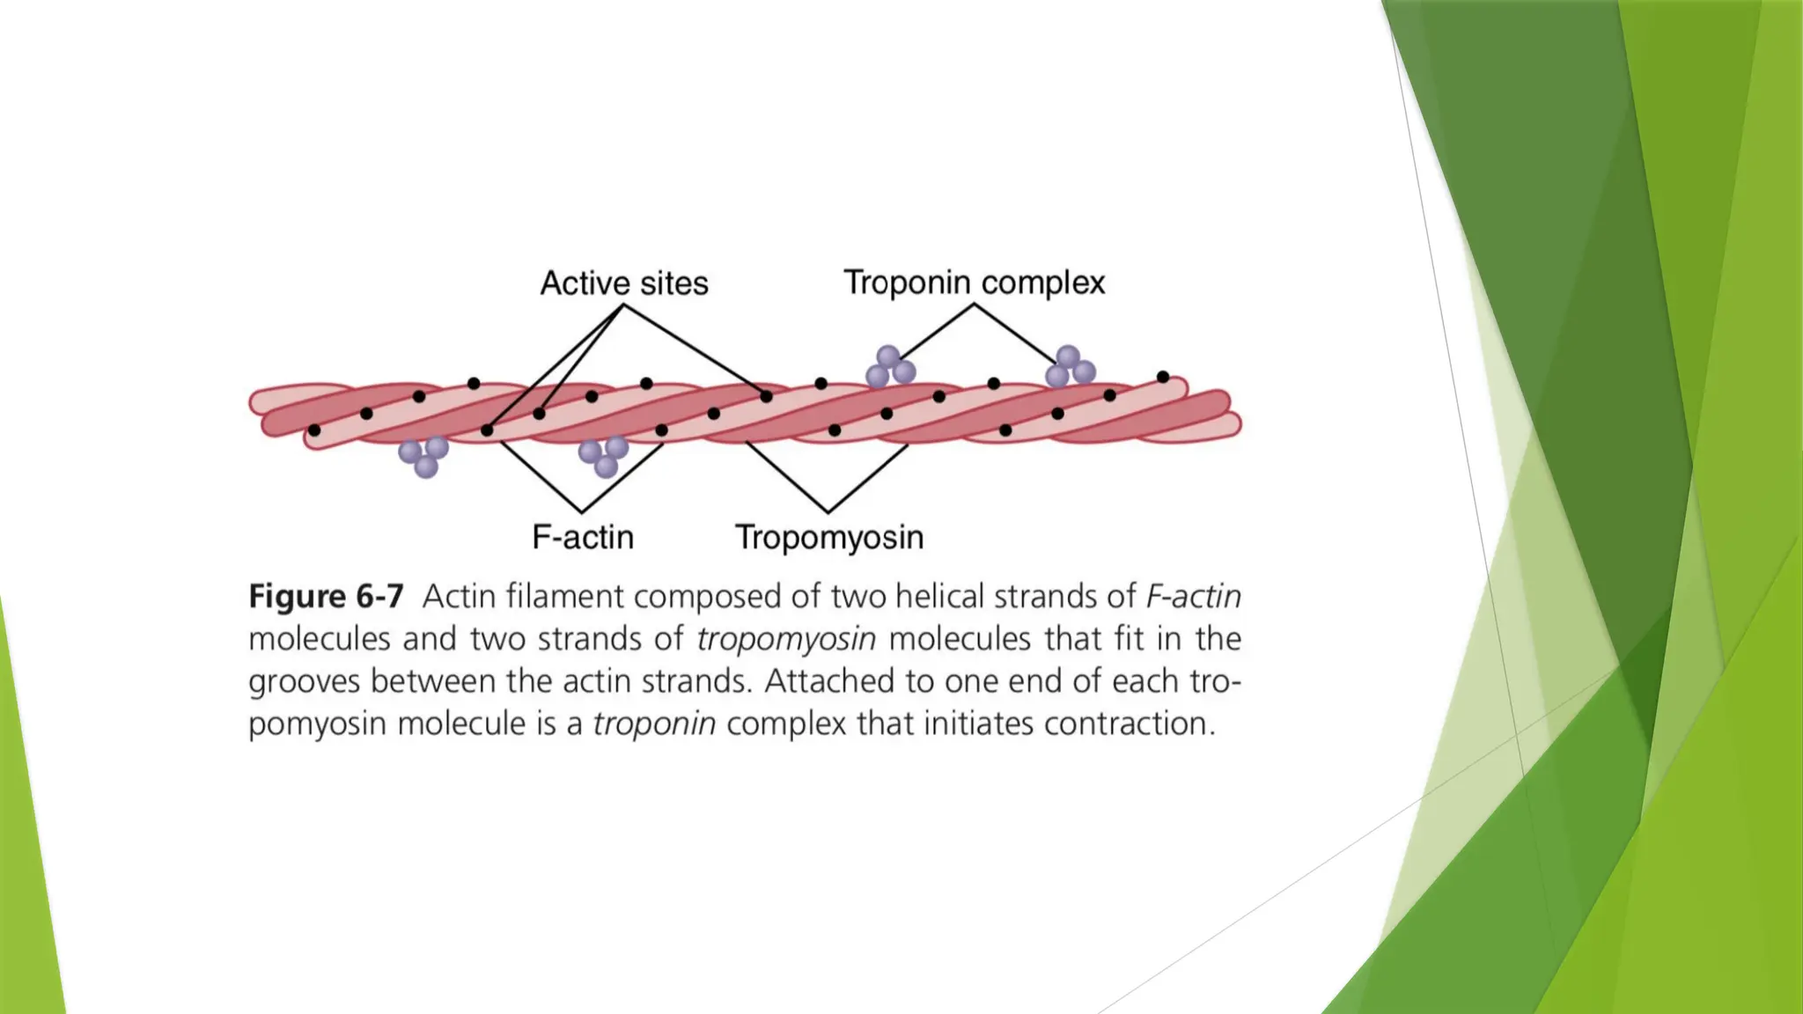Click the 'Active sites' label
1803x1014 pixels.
pyautogui.click(x=623, y=283)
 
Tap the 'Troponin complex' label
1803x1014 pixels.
pyautogui.click(x=974, y=283)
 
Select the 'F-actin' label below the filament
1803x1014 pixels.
pyautogui.click(x=583, y=537)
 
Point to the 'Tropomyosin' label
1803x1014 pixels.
pyautogui.click(x=829, y=537)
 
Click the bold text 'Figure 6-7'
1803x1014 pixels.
pyautogui.click(x=326, y=597)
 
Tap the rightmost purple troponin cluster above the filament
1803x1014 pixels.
pyautogui.click(x=1070, y=367)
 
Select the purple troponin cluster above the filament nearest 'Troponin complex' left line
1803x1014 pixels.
pyautogui.click(x=890, y=366)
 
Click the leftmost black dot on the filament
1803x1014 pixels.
pyautogui.click(x=314, y=430)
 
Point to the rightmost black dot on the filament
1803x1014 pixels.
pyautogui.click(x=1163, y=377)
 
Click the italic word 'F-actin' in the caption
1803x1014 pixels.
pyautogui.click(x=1193, y=597)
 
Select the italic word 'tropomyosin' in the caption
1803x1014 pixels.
pyautogui.click(x=785, y=639)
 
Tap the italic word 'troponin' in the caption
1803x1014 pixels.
pyautogui.click(x=653, y=724)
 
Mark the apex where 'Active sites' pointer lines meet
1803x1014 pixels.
pyautogui.click(x=623, y=305)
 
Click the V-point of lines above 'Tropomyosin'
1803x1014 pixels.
pyautogui.click(x=828, y=511)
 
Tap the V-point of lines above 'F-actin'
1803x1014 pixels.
pyautogui.click(x=582, y=511)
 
